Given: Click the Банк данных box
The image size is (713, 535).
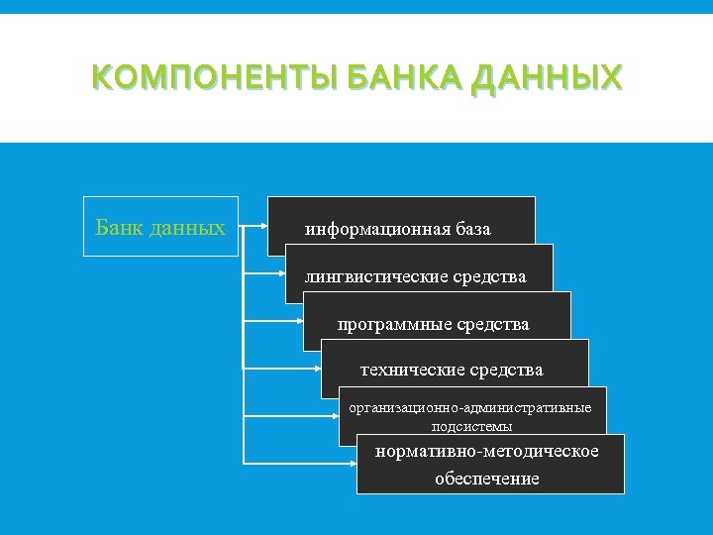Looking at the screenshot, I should tap(160, 227).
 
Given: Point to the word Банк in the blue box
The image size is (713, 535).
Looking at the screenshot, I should tap(119, 228).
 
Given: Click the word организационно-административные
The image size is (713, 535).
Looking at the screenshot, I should tap(470, 407).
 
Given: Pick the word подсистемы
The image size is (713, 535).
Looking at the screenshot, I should tap(471, 427).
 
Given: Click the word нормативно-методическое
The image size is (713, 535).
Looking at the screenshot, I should tap(486, 452).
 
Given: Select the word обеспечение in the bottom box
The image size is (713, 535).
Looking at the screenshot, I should tap(486, 479).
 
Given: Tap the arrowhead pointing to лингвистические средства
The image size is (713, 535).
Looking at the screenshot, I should tap(281, 275).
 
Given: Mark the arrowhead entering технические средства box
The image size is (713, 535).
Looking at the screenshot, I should tap(317, 369).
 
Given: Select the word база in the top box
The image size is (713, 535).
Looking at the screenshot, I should tap(473, 230).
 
